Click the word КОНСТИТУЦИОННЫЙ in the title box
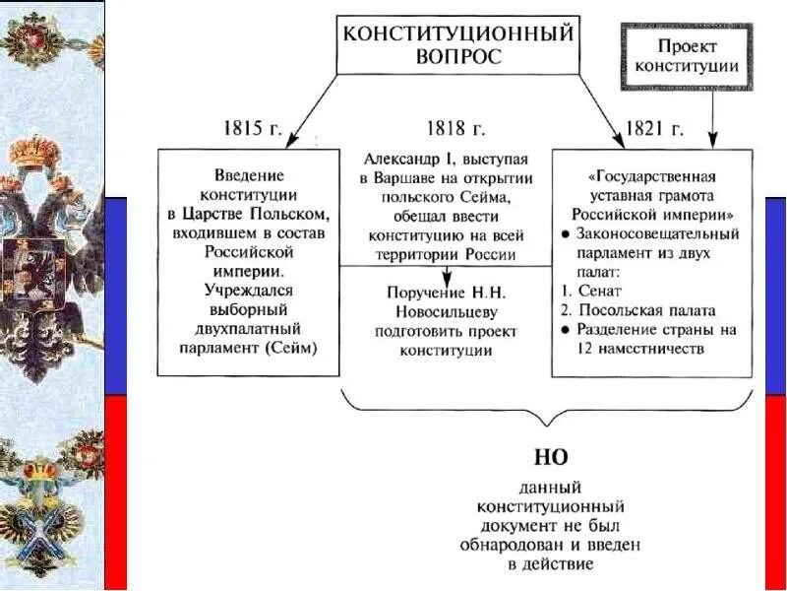click(x=457, y=33)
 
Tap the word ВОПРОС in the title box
click(x=457, y=56)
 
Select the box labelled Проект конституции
click(x=685, y=55)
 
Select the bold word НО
click(x=550, y=458)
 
